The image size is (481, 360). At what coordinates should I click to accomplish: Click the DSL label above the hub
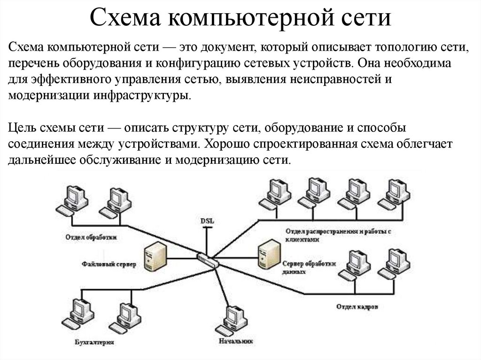[x=206, y=220]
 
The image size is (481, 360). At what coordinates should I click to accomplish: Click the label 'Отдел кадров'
[x=357, y=307]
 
